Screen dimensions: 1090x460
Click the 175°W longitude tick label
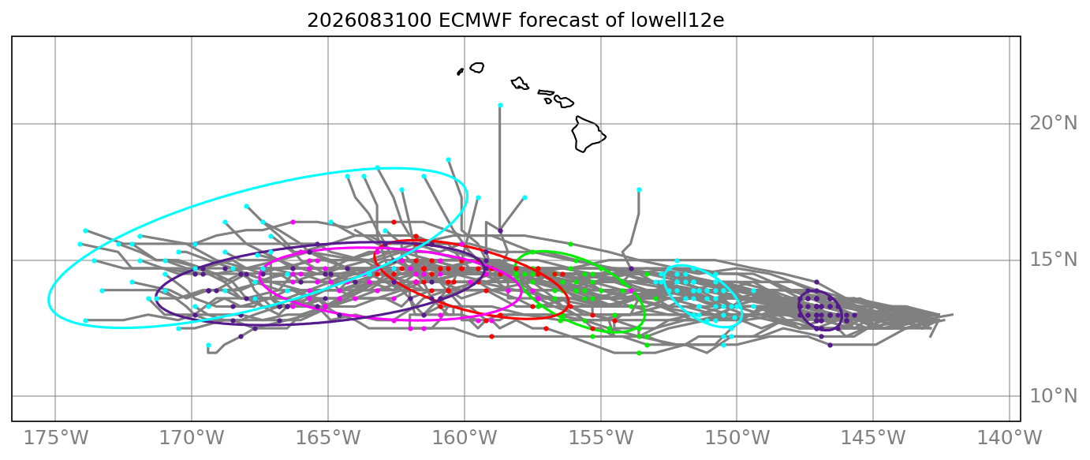[56, 438]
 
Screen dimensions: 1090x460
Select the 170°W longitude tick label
[192, 438]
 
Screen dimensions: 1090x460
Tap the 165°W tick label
[328, 438]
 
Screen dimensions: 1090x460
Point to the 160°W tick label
[465, 438]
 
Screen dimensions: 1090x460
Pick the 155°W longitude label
[601, 438]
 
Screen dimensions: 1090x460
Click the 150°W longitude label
[737, 438]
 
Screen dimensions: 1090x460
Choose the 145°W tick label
[873, 438]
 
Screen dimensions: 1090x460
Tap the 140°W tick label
[1010, 438]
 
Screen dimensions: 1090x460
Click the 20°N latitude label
[1053, 124]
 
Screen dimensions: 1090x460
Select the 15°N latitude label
[1053, 260]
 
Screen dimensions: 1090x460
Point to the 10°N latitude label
[1053, 396]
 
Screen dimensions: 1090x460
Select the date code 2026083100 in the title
[369, 21]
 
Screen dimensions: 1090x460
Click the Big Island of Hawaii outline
[588, 134]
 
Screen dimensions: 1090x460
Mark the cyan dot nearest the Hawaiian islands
[500, 105]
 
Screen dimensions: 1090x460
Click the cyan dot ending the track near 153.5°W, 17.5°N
[639, 190]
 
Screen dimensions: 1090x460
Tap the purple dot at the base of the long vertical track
[500, 230]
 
